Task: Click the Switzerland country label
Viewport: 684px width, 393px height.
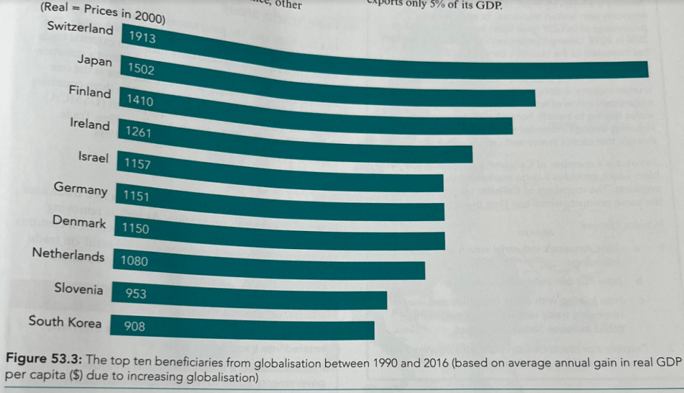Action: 81,29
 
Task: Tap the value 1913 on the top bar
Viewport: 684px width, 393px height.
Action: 142,37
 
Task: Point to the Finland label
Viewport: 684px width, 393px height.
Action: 90,92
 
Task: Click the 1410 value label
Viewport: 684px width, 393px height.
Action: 140,101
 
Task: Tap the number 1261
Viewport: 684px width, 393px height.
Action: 139,133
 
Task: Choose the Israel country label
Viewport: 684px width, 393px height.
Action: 93,157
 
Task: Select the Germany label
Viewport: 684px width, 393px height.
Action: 80,189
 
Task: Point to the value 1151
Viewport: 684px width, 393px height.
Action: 135,197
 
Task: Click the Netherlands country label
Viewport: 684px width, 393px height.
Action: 68,254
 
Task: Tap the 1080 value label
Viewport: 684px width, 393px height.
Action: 134,261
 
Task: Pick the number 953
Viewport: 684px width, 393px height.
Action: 135,294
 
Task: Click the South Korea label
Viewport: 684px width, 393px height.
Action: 65,321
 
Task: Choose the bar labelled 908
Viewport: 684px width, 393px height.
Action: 254,328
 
